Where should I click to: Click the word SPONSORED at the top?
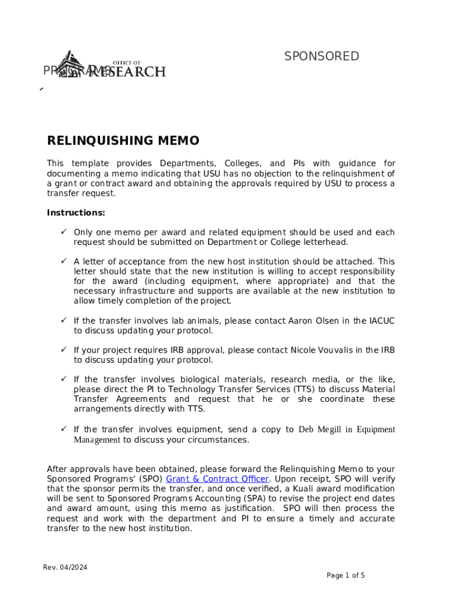[322, 56]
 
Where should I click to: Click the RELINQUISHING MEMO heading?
[123, 141]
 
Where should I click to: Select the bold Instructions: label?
[76, 213]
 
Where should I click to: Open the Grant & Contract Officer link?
[218, 479]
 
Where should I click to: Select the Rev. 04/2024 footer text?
[65, 568]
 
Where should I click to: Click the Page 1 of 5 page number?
[346, 576]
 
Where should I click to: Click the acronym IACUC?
[382, 321]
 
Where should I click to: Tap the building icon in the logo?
[68, 65]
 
